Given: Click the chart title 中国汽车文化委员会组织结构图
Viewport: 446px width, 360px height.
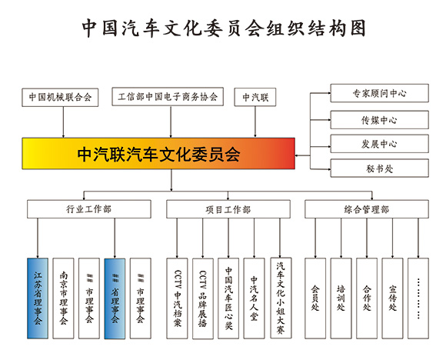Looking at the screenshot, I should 223,28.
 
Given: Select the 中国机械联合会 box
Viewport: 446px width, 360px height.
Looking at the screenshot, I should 61,98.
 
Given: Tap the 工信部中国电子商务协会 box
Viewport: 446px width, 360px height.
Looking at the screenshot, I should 168,98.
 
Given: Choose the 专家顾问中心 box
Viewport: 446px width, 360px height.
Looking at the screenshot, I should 379,93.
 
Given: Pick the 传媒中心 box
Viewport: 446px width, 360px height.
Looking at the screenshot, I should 379,119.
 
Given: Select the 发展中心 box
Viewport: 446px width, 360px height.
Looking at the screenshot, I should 379,144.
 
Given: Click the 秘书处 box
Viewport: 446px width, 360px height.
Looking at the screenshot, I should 379,168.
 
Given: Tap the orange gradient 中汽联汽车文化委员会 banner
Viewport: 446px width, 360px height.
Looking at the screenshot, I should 158,154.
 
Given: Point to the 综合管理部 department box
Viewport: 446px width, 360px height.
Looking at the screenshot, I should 366,209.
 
